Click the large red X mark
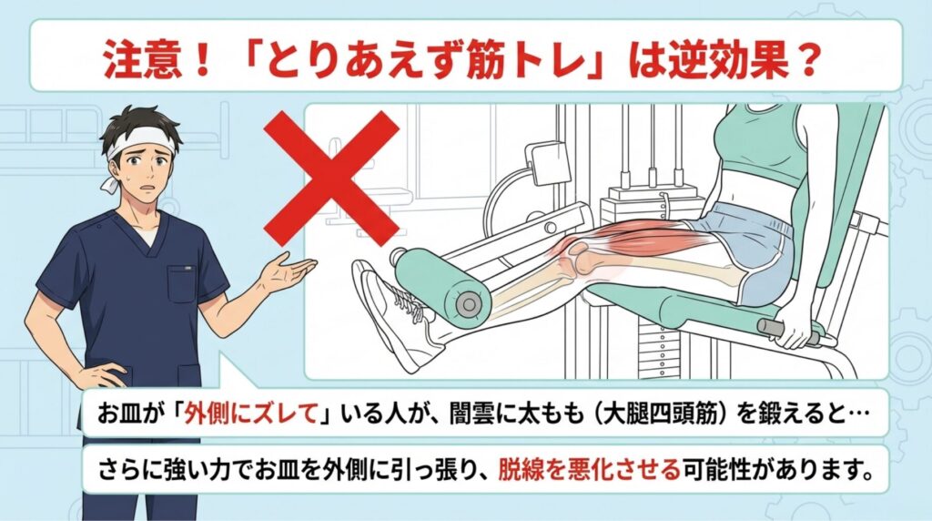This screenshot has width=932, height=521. pos(331,179)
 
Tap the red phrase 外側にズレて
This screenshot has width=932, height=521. pos(249,414)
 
